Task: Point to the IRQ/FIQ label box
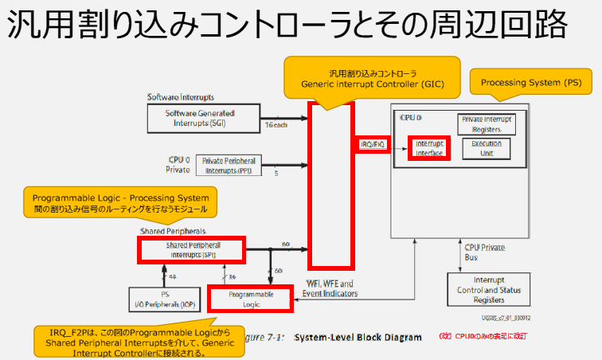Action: [373, 145]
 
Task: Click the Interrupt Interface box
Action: [429, 147]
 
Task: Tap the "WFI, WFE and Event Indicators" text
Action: [330, 288]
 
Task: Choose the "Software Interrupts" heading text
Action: [181, 96]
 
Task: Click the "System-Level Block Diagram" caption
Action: [358, 337]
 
